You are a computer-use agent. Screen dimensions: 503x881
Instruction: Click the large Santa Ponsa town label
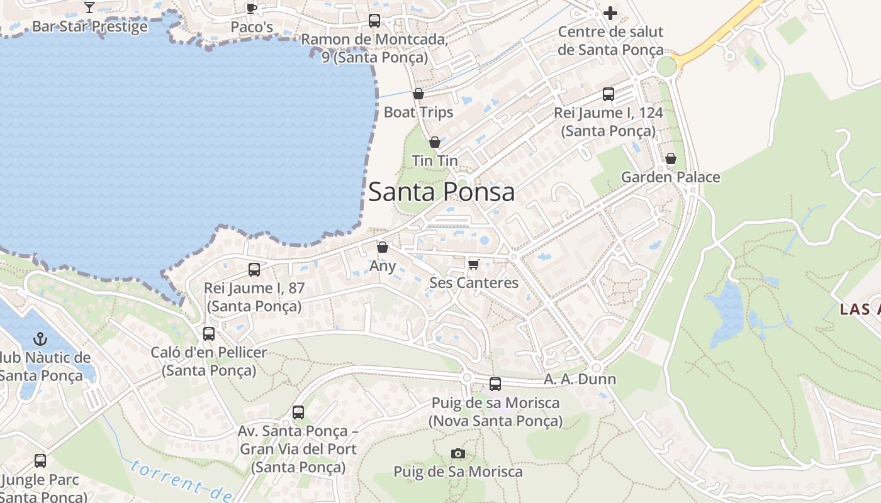pyautogui.click(x=441, y=192)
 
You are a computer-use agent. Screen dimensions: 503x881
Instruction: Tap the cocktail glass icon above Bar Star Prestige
pyautogui.click(x=89, y=8)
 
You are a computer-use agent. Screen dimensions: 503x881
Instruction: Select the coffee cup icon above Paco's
pyautogui.click(x=252, y=8)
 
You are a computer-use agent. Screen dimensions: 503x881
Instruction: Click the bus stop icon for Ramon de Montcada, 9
pyautogui.click(x=374, y=21)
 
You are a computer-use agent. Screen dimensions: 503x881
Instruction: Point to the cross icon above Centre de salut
pyautogui.click(x=610, y=13)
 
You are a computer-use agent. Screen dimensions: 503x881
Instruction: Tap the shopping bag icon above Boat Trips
pyautogui.click(x=418, y=94)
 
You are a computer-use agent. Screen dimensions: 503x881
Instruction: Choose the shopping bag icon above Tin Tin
pyautogui.click(x=434, y=143)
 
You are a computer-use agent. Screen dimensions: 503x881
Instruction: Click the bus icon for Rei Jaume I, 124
pyautogui.click(x=608, y=94)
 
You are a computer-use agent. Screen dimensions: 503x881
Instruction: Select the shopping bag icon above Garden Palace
pyautogui.click(x=671, y=158)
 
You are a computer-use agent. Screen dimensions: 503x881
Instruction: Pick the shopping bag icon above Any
pyautogui.click(x=382, y=247)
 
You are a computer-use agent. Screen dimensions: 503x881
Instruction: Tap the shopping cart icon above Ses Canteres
pyautogui.click(x=474, y=263)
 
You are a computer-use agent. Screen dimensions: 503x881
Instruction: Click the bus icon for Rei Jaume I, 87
pyautogui.click(x=254, y=270)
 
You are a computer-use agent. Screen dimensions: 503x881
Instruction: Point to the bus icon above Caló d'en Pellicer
pyautogui.click(x=209, y=334)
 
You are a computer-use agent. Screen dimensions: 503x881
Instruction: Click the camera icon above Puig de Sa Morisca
pyautogui.click(x=458, y=453)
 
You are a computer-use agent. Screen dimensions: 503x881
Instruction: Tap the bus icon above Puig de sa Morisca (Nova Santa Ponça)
pyautogui.click(x=495, y=384)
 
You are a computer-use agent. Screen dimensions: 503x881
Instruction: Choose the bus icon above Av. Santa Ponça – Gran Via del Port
pyautogui.click(x=298, y=412)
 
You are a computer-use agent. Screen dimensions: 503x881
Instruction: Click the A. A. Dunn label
pyautogui.click(x=580, y=379)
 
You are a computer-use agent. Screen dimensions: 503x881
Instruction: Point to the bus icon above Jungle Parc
pyautogui.click(x=40, y=461)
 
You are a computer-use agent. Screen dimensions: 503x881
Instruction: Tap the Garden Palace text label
pyautogui.click(x=670, y=177)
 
